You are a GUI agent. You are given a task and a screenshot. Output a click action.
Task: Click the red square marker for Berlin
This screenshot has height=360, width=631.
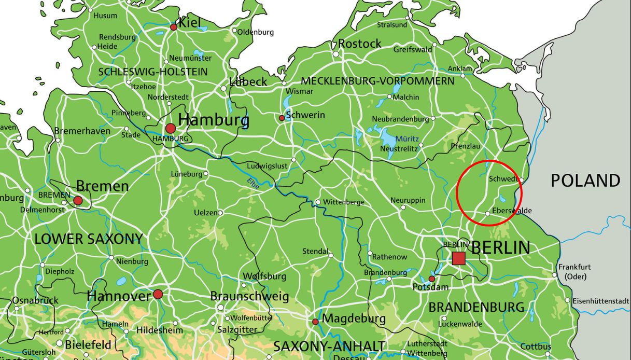(x=458, y=258)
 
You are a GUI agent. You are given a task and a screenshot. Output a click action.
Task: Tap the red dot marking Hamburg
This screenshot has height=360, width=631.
(x=170, y=128)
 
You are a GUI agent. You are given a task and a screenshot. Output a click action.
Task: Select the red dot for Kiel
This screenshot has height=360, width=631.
(x=174, y=27)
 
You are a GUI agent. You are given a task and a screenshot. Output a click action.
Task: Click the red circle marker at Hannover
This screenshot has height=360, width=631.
(x=158, y=294)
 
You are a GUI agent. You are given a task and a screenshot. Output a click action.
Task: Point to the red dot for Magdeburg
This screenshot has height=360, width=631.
(x=315, y=322)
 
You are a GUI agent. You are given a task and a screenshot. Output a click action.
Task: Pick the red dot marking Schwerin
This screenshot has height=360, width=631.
(x=282, y=118)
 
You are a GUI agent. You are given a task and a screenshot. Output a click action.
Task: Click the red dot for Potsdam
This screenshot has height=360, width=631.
(x=432, y=279)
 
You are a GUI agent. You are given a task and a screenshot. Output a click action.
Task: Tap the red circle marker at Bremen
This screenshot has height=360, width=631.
(x=78, y=200)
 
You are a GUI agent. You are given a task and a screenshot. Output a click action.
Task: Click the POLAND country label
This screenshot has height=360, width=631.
(x=585, y=181)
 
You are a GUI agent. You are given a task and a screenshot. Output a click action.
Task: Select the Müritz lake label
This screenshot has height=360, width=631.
(x=407, y=139)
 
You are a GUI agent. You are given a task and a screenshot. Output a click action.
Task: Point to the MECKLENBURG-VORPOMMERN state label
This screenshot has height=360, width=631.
(x=377, y=81)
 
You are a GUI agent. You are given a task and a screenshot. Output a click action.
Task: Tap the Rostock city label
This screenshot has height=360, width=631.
(x=360, y=44)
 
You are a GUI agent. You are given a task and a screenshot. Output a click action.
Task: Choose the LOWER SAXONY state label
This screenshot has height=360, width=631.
(x=88, y=239)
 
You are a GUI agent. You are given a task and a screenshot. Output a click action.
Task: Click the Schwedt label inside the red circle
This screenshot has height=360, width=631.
(x=503, y=179)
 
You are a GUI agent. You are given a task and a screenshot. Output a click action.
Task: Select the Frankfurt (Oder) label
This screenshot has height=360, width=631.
(x=574, y=272)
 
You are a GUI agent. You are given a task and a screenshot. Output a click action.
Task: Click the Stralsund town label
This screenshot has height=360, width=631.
(x=392, y=24)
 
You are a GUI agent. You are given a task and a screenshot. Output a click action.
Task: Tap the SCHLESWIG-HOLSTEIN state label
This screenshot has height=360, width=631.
(x=152, y=72)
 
